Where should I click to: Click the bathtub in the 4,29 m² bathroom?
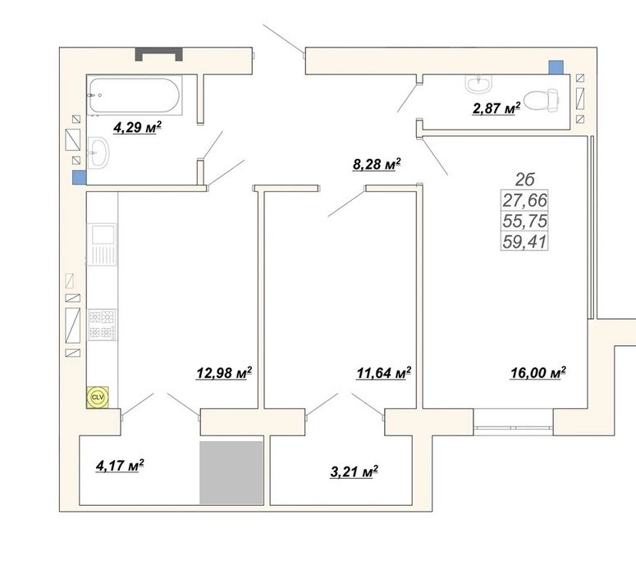pyautogui.click(x=135, y=95)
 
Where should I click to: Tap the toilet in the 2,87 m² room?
pyautogui.click(x=542, y=100)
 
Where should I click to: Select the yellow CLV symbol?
pyautogui.click(x=98, y=397)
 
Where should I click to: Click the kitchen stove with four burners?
pyautogui.click(x=103, y=324)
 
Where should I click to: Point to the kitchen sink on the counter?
pyautogui.click(x=102, y=244)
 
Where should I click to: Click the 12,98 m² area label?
pyautogui.click(x=224, y=372)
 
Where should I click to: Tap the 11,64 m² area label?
pyautogui.click(x=384, y=373)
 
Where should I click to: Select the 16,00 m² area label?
pyautogui.click(x=538, y=372)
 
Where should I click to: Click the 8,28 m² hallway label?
pyautogui.click(x=377, y=164)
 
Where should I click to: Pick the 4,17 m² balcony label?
pyautogui.click(x=120, y=466)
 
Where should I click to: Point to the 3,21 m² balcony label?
pyautogui.click(x=355, y=471)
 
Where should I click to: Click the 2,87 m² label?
pyautogui.click(x=496, y=108)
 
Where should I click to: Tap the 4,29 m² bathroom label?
pyautogui.click(x=138, y=128)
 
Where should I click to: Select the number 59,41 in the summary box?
pyautogui.click(x=525, y=242)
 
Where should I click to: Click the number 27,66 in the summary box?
pyautogui.click(x=525, y=200)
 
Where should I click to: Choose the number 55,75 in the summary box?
pyautogui.click(x=525, y=221)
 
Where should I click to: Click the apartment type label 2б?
pyautogui.click(x=525, y=180)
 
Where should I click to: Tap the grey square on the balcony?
pyautogui.click(x=231, y=472)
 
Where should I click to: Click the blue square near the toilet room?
pyautogui.click(x=556, y=67)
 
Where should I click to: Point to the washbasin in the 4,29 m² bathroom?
pyautogui.click(x=98, y=153)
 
